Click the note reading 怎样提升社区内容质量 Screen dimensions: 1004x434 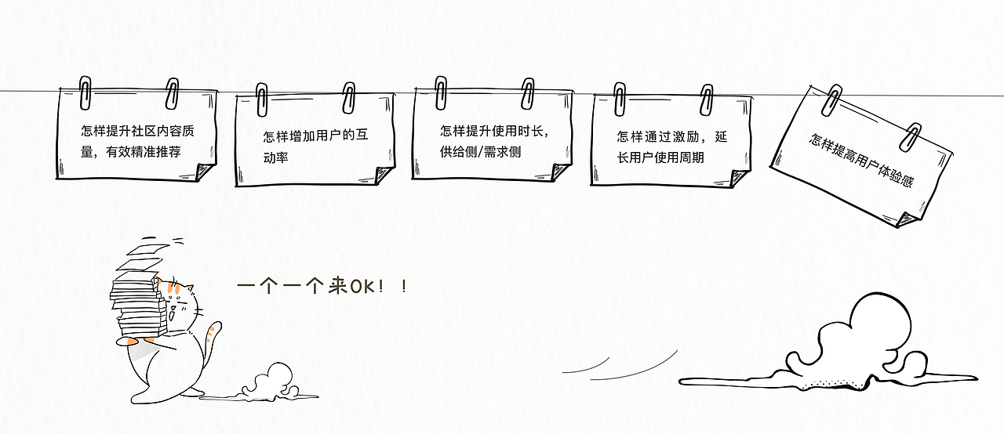click(x=136, y=134)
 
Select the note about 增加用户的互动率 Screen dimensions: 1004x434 click(x=315, y=139)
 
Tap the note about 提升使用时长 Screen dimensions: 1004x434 click(x=492, y=134)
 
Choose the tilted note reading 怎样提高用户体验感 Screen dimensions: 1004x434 click(x=861, y=157)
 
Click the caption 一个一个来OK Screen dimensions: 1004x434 click(x=322, y=286)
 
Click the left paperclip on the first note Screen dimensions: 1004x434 click(x=85, y=92)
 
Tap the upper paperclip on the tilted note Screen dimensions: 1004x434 click(x=831, y=99)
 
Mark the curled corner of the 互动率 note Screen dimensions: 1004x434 click(x=384, y=175)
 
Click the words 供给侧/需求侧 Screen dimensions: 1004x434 click(x=480, y=152)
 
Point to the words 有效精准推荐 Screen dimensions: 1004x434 click(x=144, y=152)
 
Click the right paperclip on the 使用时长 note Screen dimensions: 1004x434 click(x=528, y=93)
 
